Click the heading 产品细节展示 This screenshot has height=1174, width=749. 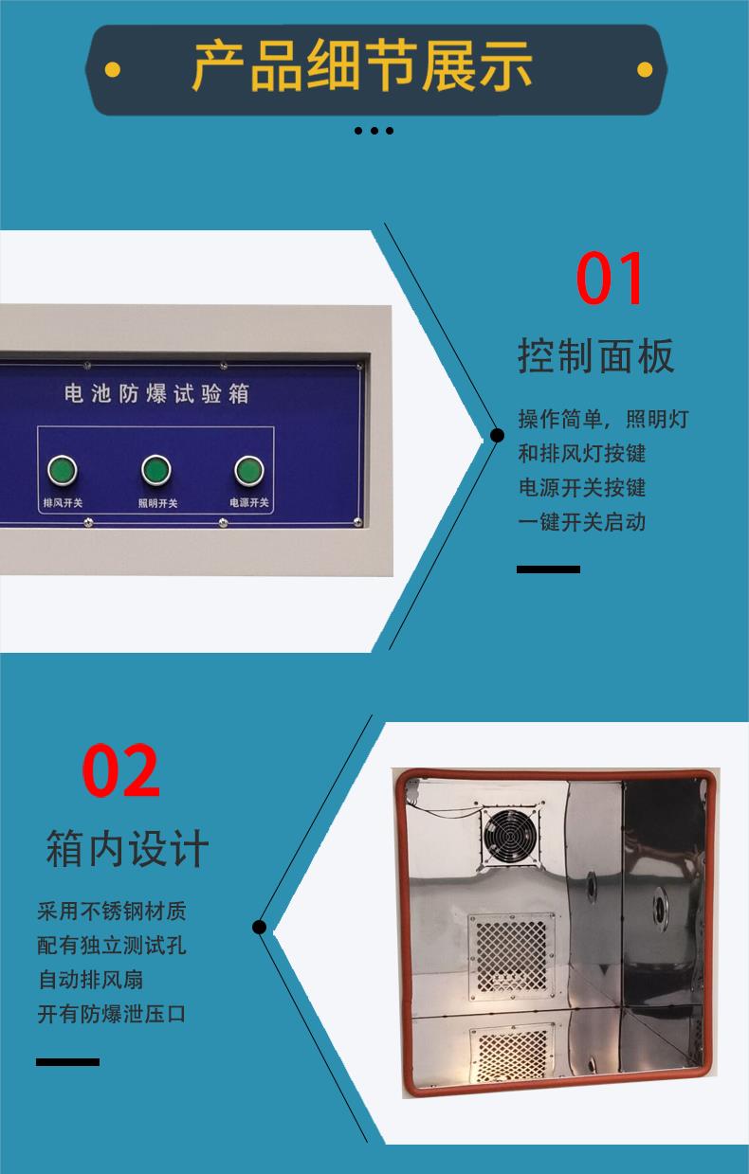362,66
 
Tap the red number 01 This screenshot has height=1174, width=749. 609,278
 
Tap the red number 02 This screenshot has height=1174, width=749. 120,770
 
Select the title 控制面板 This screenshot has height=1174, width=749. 595,356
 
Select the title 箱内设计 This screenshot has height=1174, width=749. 127,849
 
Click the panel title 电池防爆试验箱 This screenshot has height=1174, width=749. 156,393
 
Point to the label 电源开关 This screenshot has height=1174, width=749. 249,502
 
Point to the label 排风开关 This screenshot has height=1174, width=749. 63,502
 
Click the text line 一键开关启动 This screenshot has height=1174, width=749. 582,522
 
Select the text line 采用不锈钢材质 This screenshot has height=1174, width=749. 112,912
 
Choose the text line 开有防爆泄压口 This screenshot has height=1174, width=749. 112,1014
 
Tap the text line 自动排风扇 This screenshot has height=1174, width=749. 91,980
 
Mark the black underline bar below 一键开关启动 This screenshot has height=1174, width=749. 548,569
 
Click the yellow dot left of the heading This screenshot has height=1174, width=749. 112,70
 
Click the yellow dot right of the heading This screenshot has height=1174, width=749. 645,70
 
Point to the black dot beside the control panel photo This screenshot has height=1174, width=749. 497,435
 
